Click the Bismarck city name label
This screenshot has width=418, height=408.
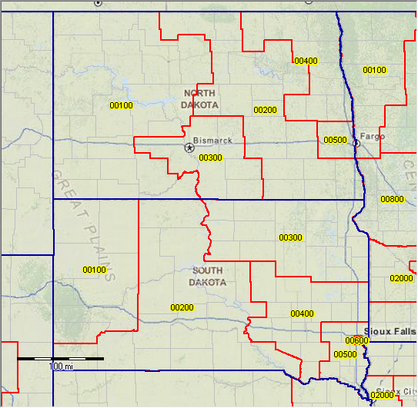pyautogui.click(x=212, y=141)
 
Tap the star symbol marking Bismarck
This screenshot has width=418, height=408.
pyautogui.click(x=189, y=148)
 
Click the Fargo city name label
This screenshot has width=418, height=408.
pyautogui.click(x=373, y=136)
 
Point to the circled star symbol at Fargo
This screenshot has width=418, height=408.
pyautogui.click(x=356, y=143)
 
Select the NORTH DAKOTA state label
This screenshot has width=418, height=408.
pyautogui.click(x=199, y=98)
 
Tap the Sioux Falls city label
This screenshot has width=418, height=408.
pyautogui.click(x=391, y=329)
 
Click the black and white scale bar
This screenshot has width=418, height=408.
pyautogui.click(x=60, y=359)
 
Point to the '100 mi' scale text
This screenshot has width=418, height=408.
pyautogui.click(x=62, y=367)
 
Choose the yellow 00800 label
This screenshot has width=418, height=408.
pyautogui.click(x=392, y=199)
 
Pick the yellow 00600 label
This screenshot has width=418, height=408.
pyautogui.click(x=357, y=340)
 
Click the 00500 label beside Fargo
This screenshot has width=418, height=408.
pyautogui.click(x=336, y=141)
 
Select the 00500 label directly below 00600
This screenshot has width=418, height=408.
pyautogui.click(x=345, y=354)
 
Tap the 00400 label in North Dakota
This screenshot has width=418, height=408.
pyautogui.click(x=306, y=61)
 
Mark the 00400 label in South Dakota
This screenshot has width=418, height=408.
pyautogui.click(x=303, y=313)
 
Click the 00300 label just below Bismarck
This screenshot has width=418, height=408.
pyautogui.click(x=210, y=158)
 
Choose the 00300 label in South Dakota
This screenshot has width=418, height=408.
pyautogui.click(x=290, y=238)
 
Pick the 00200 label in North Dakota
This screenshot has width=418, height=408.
pyautogui.click(x=265, y=110)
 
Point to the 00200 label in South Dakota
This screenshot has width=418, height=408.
pyautogui.click(x=182, y=307)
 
